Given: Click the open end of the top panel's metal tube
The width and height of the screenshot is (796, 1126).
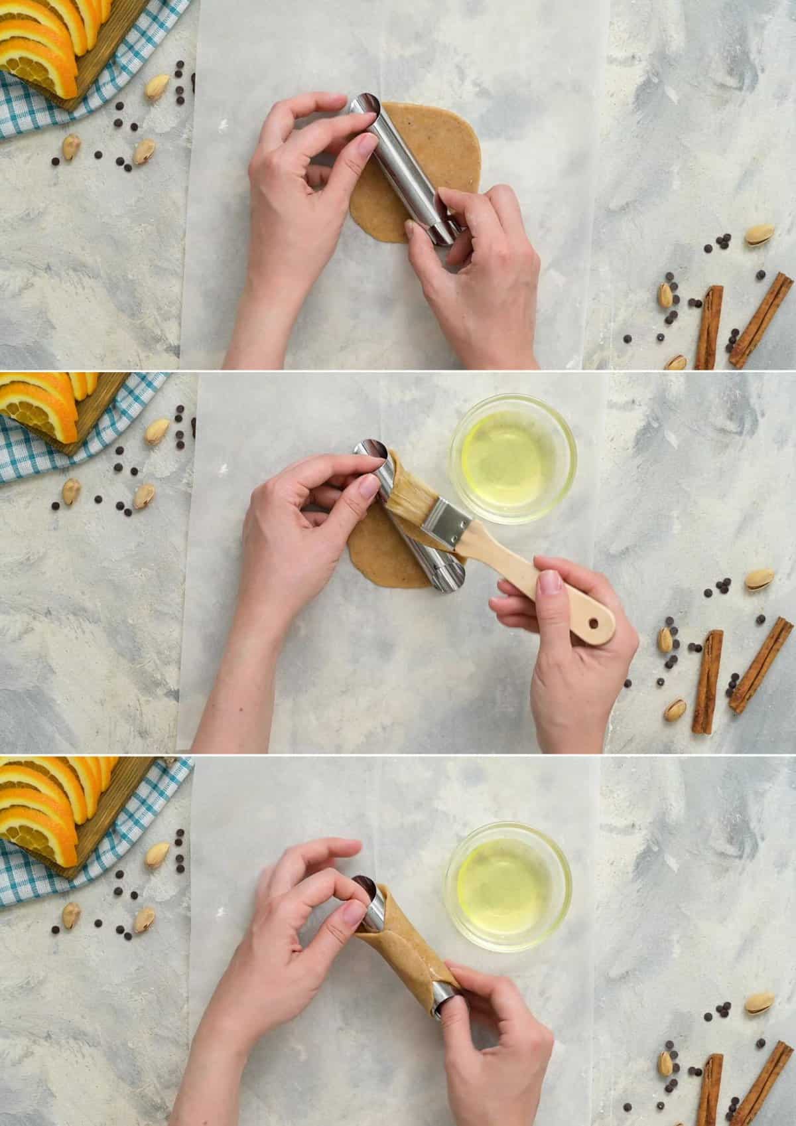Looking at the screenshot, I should (x=363, y=107).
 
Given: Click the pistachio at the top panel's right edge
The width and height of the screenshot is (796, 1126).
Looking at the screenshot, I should (x=759, y=235).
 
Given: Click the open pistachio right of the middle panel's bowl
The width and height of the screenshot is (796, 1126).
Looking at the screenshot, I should (x=760, y=579).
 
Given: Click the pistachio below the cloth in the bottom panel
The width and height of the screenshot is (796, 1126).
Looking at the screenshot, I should (x=71, y=915).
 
